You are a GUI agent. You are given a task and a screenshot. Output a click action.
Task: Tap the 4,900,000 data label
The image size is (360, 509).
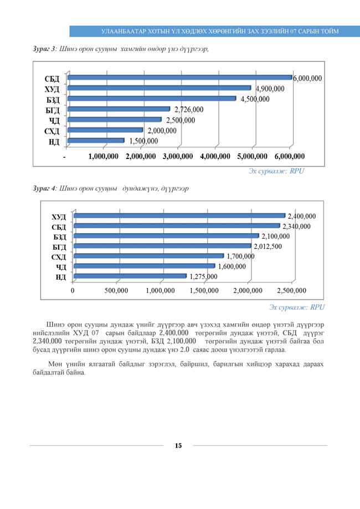pos(270,89)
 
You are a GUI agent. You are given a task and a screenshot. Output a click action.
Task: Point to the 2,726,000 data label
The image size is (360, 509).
pos(189,110)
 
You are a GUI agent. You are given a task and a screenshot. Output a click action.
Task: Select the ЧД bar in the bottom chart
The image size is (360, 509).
pos(144,266)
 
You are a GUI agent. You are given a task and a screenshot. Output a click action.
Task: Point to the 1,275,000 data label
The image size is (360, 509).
pos(204,276)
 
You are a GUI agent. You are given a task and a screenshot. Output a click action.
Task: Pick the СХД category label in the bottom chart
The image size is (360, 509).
pos(59,257)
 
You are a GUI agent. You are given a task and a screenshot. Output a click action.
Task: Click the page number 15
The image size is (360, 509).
pos(178,446)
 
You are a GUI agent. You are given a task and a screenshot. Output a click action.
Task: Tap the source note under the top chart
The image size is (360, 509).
pos(276,172)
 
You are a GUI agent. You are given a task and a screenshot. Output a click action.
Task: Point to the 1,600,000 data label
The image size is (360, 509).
pos(231,266)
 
